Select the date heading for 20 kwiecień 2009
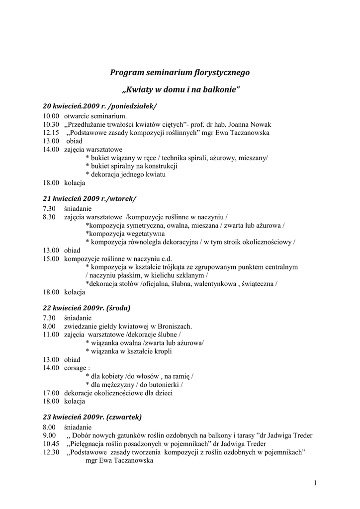100,106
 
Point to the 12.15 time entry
51,133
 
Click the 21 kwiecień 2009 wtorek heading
90,198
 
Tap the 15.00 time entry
51,258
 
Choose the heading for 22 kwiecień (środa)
87,308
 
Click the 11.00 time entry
51,335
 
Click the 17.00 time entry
51,393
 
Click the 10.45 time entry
51,444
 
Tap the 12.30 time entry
51,452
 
